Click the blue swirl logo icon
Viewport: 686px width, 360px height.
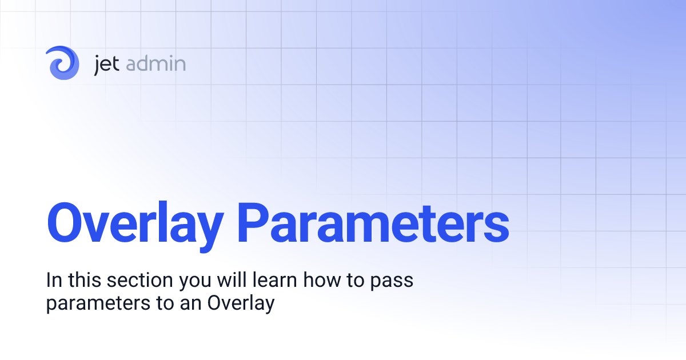click(62, 63)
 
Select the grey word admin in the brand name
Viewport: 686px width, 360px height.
click(155, 63)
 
